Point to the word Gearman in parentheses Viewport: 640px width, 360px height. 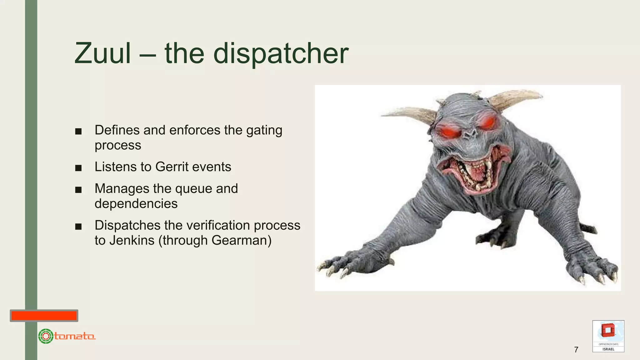pos(239,240)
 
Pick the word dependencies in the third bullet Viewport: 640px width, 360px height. pos(136,204)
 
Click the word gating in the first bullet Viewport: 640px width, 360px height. pos(264,130)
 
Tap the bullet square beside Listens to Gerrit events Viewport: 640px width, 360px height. pos(78,168)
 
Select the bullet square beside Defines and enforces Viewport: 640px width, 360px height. pos(78,132)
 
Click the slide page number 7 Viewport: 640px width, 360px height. pos(576,349)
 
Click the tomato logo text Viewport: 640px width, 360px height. pos(75,336)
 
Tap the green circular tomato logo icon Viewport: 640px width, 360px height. pos(46,336)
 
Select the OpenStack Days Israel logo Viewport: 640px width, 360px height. pos(608,336)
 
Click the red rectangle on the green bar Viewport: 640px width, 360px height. pos(44,316)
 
